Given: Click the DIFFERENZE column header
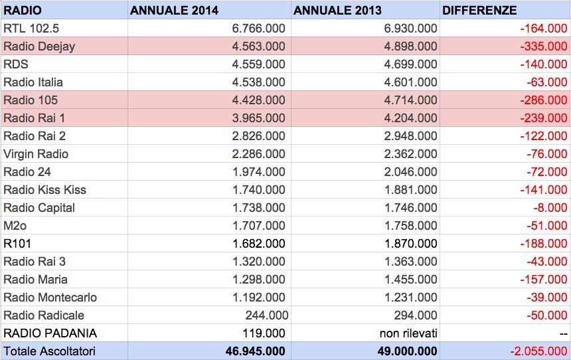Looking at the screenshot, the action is (x=479, y=10).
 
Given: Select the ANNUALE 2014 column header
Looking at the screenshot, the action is (x=174, y=10).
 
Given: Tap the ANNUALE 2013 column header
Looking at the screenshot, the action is (x=337, y=10).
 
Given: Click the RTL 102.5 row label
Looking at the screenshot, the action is (x=31, y=29).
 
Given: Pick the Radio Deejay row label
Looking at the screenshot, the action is (x=39, y=46).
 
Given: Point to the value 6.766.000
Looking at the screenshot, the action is (x=258, y=29).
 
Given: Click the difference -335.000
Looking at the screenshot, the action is (x=544, y=46).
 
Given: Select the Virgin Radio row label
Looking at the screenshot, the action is (x=36, y=154).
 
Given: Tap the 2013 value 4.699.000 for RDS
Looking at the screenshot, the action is (x=410, y=64).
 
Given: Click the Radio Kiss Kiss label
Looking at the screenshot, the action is (x=44, y=190).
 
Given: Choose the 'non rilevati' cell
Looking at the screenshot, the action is (x=408, y=333).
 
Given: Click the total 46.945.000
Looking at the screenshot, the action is (x=255, y=351).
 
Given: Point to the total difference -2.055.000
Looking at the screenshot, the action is (x=538, y=351).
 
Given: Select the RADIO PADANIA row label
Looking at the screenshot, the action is (x=50, y=333).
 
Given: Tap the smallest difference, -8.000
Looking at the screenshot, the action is (x=550, y=208).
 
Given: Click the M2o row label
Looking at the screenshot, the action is (x=15, y=226).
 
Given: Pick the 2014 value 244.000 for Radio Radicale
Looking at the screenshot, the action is (x=266, y=315).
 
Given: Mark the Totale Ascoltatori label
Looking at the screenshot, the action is (x=50, y=351).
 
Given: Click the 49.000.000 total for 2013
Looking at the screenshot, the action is (x=407, y=351).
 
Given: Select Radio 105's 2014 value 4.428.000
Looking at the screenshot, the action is (x=258, y=100).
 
